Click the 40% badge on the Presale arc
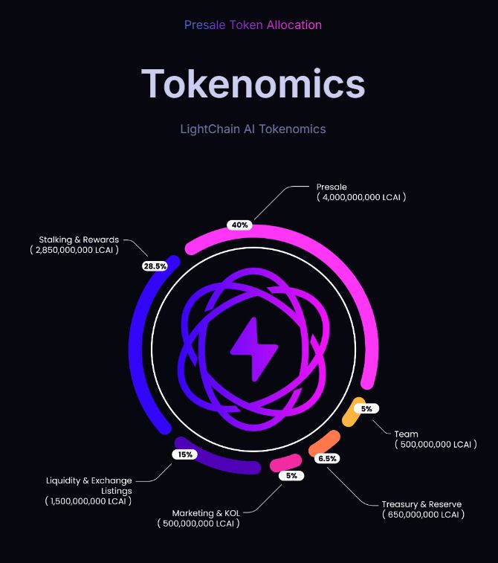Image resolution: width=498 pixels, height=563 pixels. tap(239, 225)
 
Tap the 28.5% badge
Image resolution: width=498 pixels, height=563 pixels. tap(155, 266)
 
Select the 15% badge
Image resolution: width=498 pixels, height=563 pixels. tap(185, 454)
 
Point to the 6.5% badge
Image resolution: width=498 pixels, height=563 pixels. tap(327, 459)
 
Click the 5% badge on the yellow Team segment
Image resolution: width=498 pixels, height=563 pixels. tap(366, 408)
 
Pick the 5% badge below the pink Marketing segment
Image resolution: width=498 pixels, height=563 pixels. tap(291, 476)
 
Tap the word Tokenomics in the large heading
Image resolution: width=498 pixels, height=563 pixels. tap(253, 83)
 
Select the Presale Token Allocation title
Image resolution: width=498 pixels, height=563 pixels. tap(253, 25)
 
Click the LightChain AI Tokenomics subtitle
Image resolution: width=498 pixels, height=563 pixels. tap(253, 129)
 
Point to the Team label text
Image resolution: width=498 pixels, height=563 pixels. tap(406, 434)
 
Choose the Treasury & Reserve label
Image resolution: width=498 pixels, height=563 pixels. tap(421, 504)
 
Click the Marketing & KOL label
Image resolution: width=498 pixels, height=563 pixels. tap(206, 513)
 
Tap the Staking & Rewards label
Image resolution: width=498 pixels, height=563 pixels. tap(79, 239)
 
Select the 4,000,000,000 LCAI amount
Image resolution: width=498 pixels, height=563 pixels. tap(361, 197)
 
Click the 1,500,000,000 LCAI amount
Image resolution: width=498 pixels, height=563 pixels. tap(88, 501)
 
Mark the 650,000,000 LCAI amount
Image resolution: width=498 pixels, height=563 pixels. tap(424, 515)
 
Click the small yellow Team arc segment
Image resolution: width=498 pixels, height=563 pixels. tap(353, 412)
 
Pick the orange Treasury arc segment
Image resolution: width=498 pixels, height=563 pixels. tap(324, 443)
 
